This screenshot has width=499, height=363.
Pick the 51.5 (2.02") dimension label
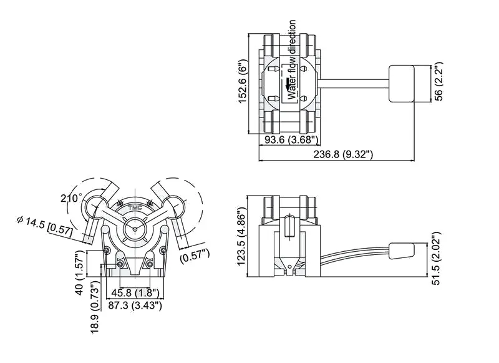[x=438, y=259]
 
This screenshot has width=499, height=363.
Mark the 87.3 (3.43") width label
[x=136, y=305]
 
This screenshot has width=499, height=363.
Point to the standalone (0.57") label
[x=195, y=254]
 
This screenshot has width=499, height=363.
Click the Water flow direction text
[x=292, y=60]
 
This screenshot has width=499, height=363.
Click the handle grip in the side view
[x=402, y=251]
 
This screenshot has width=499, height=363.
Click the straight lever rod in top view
[x=354, y=81]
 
